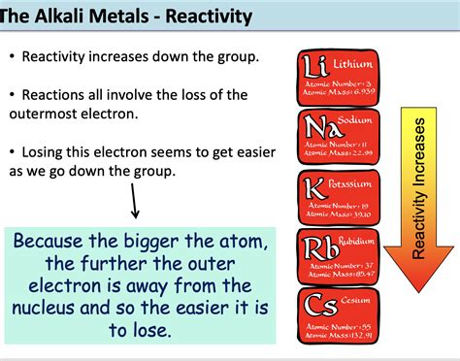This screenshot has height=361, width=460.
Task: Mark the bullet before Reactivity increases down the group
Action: (12, 57)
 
